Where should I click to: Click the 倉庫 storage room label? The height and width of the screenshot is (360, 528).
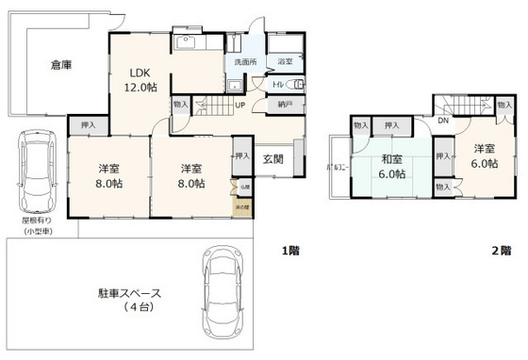click(61, 65)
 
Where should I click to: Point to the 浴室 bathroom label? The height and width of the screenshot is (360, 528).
click(284, 63)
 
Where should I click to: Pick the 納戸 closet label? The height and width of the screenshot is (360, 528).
click(284, 105)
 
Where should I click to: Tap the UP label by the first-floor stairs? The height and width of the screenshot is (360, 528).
click(240, 105)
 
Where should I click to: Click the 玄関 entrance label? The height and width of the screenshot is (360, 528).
click(273, 157)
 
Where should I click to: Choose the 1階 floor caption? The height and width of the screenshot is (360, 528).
click(291, 251)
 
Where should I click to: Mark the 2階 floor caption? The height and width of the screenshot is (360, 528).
click(500, 251)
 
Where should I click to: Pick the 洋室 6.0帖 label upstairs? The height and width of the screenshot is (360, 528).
click(483, 155)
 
